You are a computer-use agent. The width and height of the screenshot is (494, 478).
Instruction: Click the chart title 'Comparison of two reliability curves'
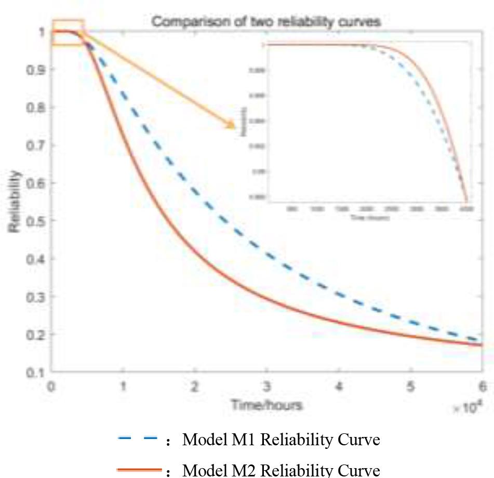pos(266,22)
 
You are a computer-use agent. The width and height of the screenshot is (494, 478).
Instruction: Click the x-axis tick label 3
pos(266,387)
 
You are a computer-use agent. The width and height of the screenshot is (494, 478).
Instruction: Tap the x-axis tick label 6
pos(482,387)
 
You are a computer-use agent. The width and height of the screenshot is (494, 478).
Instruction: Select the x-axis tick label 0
pos(51,387)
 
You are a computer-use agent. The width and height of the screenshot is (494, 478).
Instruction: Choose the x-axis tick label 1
pos(123,387)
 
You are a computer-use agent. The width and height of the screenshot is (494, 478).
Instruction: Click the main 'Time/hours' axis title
pos(266,405)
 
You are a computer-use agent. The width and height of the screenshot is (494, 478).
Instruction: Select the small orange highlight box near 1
pos(68,33)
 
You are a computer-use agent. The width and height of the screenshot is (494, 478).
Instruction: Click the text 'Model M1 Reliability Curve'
pos(281,441)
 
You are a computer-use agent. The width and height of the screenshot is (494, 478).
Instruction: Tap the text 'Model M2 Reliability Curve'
pos(281,470)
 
